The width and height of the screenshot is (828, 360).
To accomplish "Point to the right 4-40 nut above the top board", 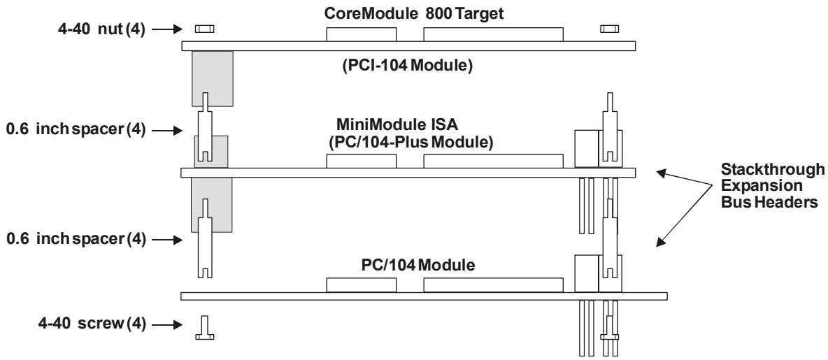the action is pyautogui.click(x=609, y=29).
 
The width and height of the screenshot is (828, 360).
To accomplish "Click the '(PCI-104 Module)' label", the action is pyautogui.click(x=407, y=66).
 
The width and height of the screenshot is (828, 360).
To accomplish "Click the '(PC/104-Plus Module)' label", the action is pyautogui.click(x=411, y=143).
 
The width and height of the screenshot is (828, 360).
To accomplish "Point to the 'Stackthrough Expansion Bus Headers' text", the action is pyautogui.click(x=773, y=185).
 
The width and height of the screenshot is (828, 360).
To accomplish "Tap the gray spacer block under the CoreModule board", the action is pyautogui.click(x=213, y=78).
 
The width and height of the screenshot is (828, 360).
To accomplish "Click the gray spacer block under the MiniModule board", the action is pyautogui.click(x=211, y=205).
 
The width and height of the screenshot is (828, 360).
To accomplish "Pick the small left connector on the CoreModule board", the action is pyautogui.click(x=361, y=34).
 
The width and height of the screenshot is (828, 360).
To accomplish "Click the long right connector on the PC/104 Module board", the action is pyautogui.click(x=493, y=285).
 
